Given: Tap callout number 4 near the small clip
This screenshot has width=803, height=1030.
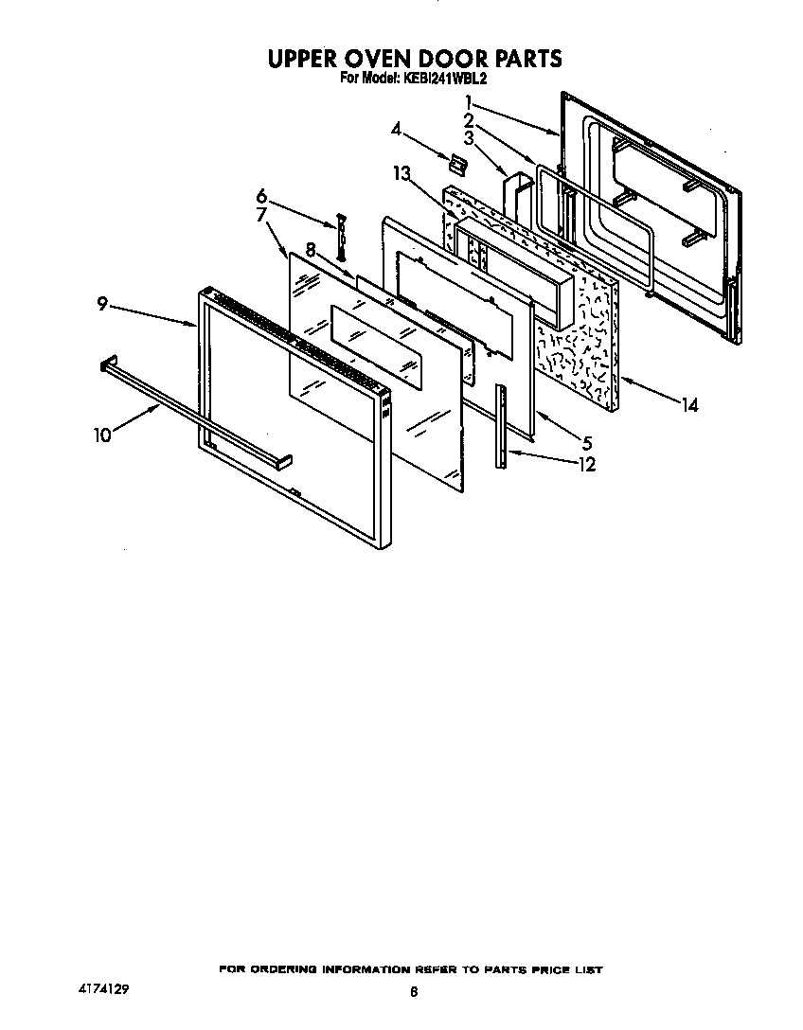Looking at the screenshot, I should point(396,128).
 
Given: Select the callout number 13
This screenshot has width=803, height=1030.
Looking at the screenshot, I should point(401,172).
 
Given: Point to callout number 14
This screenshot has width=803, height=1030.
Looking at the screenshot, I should point(688,405).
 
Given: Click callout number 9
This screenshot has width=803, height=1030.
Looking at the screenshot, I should point(101,304).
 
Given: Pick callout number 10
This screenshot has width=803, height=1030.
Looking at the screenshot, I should point(102,435).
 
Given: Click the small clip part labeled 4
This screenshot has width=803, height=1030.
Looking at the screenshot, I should point(457,164).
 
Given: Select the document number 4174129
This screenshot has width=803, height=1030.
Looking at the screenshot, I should point(102,988).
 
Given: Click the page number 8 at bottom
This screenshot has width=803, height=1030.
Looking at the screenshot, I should point(414,991).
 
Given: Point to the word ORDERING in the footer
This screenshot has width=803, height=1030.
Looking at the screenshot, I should point(281,969).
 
